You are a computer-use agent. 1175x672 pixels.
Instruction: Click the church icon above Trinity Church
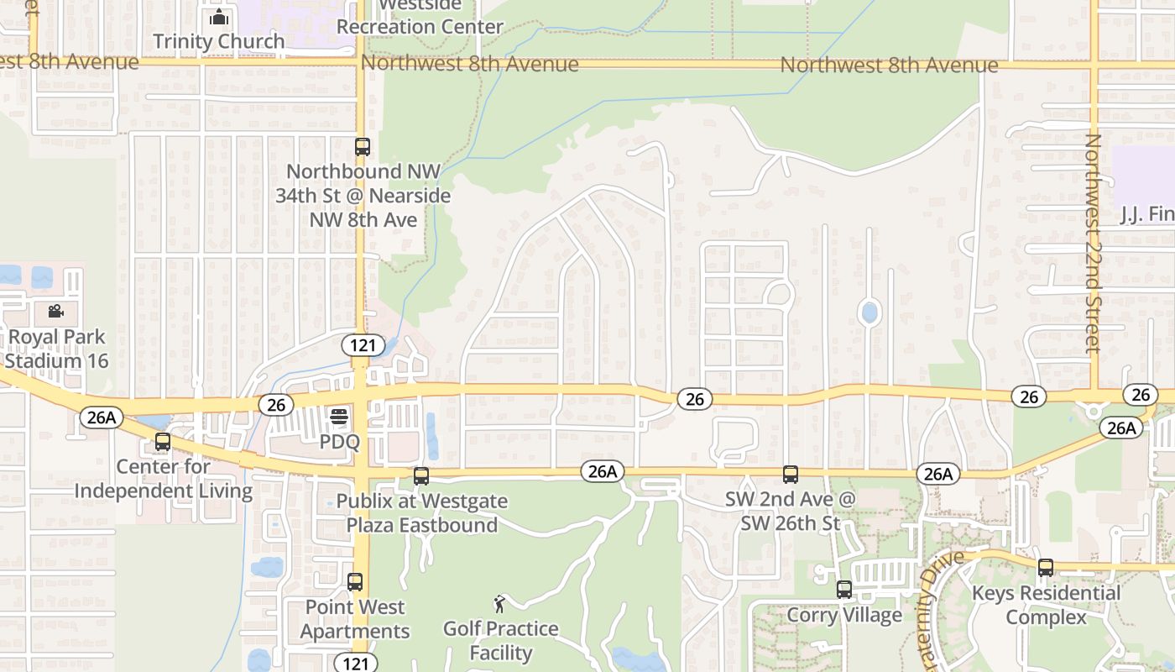tap(218, 16)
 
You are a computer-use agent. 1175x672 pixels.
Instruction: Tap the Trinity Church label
tap(218, 41)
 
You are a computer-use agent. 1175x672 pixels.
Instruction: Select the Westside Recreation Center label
tap(420, 17)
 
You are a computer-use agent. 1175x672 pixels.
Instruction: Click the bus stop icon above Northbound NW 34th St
tap(362, 146)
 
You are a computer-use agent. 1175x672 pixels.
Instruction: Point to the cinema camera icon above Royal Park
tap(55, 312)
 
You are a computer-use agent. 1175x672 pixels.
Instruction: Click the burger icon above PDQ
tap(339, 417)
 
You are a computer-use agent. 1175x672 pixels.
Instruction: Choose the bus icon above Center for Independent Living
tap(163, 442)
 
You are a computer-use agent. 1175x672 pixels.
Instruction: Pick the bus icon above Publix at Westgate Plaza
tap(421, 476)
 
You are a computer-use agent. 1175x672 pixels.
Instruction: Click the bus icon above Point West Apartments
tap(355, 581)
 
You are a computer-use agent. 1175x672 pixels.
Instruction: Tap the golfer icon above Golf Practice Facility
tap(500, 603)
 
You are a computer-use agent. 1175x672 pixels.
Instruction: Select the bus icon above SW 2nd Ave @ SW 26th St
tap(791, 475)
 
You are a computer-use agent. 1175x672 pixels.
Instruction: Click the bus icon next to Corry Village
tap(844, 590)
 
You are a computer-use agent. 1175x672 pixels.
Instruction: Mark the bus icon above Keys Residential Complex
tap(1045, 568)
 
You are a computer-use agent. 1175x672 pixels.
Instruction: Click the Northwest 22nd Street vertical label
tap(1092, 244)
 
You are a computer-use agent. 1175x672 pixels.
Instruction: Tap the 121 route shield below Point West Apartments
tap(355, 663)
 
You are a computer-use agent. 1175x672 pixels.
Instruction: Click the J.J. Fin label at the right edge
tap(1146, 215)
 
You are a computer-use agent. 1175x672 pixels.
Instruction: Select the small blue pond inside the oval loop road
tap(869, 313)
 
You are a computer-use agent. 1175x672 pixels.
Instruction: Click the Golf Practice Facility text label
tap(500, 641)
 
